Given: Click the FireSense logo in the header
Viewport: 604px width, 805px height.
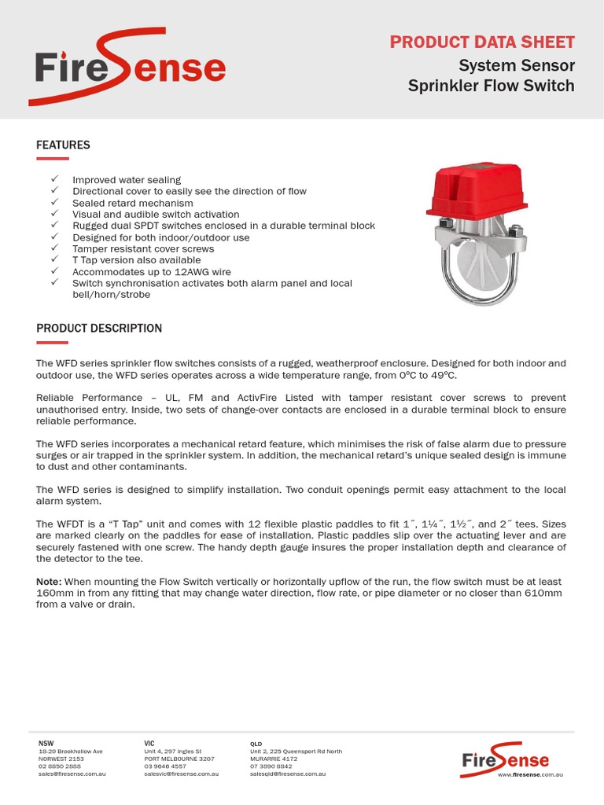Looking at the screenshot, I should click(128, 67).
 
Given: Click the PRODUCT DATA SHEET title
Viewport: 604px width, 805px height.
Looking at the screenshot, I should click(482, 42).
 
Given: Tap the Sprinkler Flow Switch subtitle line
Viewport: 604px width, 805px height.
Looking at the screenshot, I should click(491, 85).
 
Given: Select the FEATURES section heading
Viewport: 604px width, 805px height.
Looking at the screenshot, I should click(63, 145).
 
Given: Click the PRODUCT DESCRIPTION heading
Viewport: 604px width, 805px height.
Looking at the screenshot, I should click(99, 329).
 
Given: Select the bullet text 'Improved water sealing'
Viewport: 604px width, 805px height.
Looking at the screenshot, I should click(127, 180).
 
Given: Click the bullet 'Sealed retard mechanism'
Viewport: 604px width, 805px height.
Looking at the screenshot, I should click(132, 203).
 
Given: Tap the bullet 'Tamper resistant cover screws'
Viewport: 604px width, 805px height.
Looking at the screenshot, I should click(143, 248).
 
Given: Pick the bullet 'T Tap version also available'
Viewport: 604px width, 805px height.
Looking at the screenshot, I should click(136, 260).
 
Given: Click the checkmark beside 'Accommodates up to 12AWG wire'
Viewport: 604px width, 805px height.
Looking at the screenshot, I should click(54, 271).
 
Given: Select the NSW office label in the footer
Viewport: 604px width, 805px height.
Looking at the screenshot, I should click(46, 743).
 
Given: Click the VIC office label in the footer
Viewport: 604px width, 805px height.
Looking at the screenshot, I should click(149, 743).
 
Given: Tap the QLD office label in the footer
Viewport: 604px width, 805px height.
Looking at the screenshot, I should click(256, 743).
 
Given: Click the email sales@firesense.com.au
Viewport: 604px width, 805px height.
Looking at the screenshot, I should click(72, 774).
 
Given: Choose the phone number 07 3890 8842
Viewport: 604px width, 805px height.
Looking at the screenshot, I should click(271, 766).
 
